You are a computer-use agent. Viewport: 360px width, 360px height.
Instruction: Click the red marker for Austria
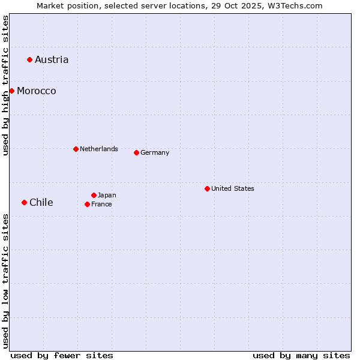coord(29,59)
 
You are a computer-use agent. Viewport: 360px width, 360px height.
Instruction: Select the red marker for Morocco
coord(11,91)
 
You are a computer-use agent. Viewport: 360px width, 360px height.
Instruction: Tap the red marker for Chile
coord(24,202)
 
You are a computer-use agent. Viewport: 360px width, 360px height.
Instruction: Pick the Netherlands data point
coord(76,149)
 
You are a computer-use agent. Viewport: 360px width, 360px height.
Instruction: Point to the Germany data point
coord(136,152)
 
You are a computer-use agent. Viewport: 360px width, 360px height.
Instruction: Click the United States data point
coord(207,188)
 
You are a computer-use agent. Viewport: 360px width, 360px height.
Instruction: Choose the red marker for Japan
coord(94,195)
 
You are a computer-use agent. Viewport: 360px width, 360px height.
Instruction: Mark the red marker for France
coord(87,204)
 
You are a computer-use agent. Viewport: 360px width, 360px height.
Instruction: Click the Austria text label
coord(52,59)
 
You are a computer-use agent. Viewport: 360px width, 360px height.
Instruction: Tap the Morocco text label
coord(37,91)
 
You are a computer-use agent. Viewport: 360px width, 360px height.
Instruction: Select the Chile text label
coord(41,202)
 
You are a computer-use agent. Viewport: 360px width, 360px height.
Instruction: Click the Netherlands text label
coord(99,149)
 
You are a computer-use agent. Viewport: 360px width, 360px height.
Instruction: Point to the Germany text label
coord(155,152)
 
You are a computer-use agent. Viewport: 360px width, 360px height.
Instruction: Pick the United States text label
coord(233,188)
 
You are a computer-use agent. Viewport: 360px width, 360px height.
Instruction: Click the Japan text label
coord(107,195)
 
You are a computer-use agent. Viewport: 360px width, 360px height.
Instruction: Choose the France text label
coord(101,204)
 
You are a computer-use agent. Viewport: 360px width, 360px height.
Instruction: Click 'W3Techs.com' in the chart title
coord(295,5)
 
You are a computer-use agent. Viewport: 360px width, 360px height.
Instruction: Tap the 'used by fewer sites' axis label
coord(62,355)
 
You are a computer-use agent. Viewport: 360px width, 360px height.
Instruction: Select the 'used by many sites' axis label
coord(301,355)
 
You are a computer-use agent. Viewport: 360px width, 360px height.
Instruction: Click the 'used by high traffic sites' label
coord(5,85)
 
